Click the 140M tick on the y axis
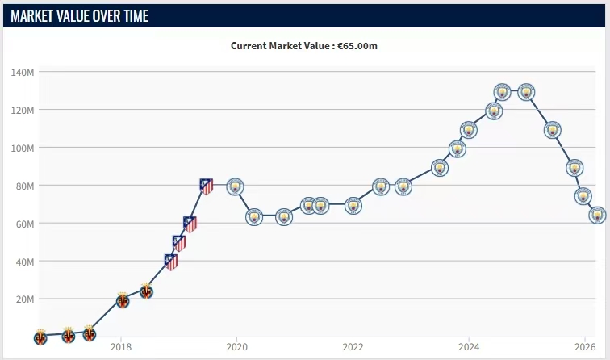tap(23, 72)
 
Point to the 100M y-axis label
tap(23, 148)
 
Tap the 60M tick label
tap(24, 224)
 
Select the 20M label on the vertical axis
tap(24, 299)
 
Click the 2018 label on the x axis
tap(121, 347)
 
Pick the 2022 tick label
tap(352, 347)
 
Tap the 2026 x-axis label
tap(584, 347)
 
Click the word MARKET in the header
tap(37, 15)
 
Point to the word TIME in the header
tap(133, 15)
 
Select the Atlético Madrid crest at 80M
tap(207, 186)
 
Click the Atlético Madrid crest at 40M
tap(171, 262)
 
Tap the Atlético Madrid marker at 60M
tap(190, 224)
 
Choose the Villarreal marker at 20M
tap(122, 300)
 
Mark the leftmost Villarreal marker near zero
tap(40, 337)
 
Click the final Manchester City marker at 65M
tap(597, 215)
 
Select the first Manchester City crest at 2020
tap(235, 186)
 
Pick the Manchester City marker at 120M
tap(494, 111)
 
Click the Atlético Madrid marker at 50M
tap(179, 242)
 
